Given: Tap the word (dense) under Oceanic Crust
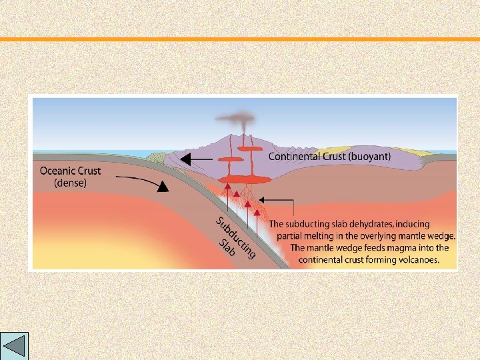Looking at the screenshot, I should [x=70, y=183].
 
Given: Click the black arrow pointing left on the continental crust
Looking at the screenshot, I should [x=196, y=159].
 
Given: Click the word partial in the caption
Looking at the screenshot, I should [x=291, y=236].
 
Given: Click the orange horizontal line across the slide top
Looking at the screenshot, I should [x=240, y=39].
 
